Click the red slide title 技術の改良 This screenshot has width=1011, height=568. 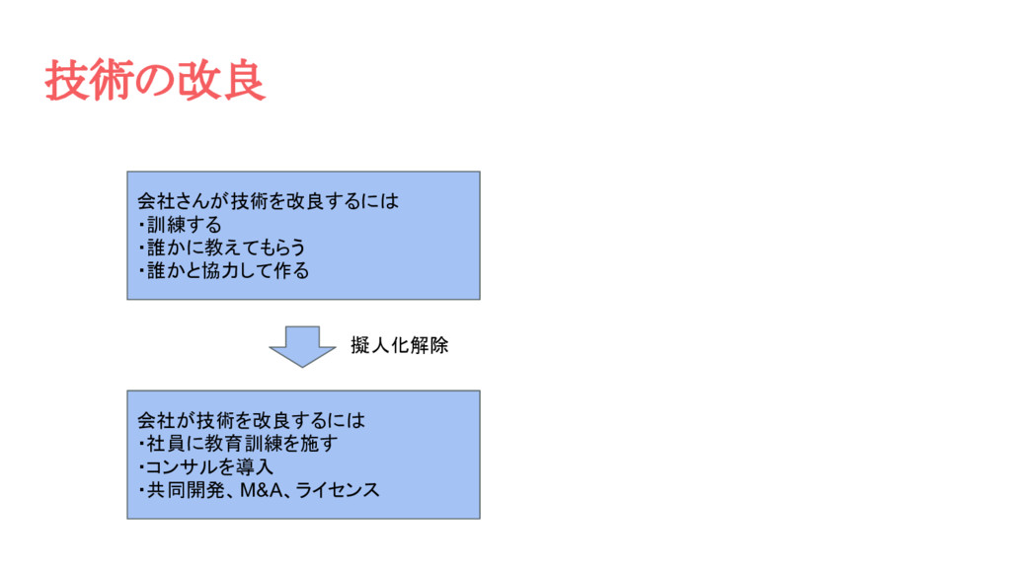pyautogui.click(x=155, y=81)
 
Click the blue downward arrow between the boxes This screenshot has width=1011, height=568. pyautogui.click(x=302, y=346)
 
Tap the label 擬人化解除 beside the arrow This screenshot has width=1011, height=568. pyautogui.click(x=400, y=346)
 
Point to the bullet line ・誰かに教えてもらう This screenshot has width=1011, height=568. pyautogui.click(x=221, y=248)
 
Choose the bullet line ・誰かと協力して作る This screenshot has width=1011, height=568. pyautogui.click(x=223, y=270)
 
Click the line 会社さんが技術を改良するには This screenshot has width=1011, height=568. pyautogui.click(x=268, y=202)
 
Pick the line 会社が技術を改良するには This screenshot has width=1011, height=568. pyautogui.click(x=251, y=421)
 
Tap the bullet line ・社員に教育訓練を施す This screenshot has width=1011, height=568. pyautogui.click(x=237, y=444)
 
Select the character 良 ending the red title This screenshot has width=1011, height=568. pyautogui.click(x=244, y=81)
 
